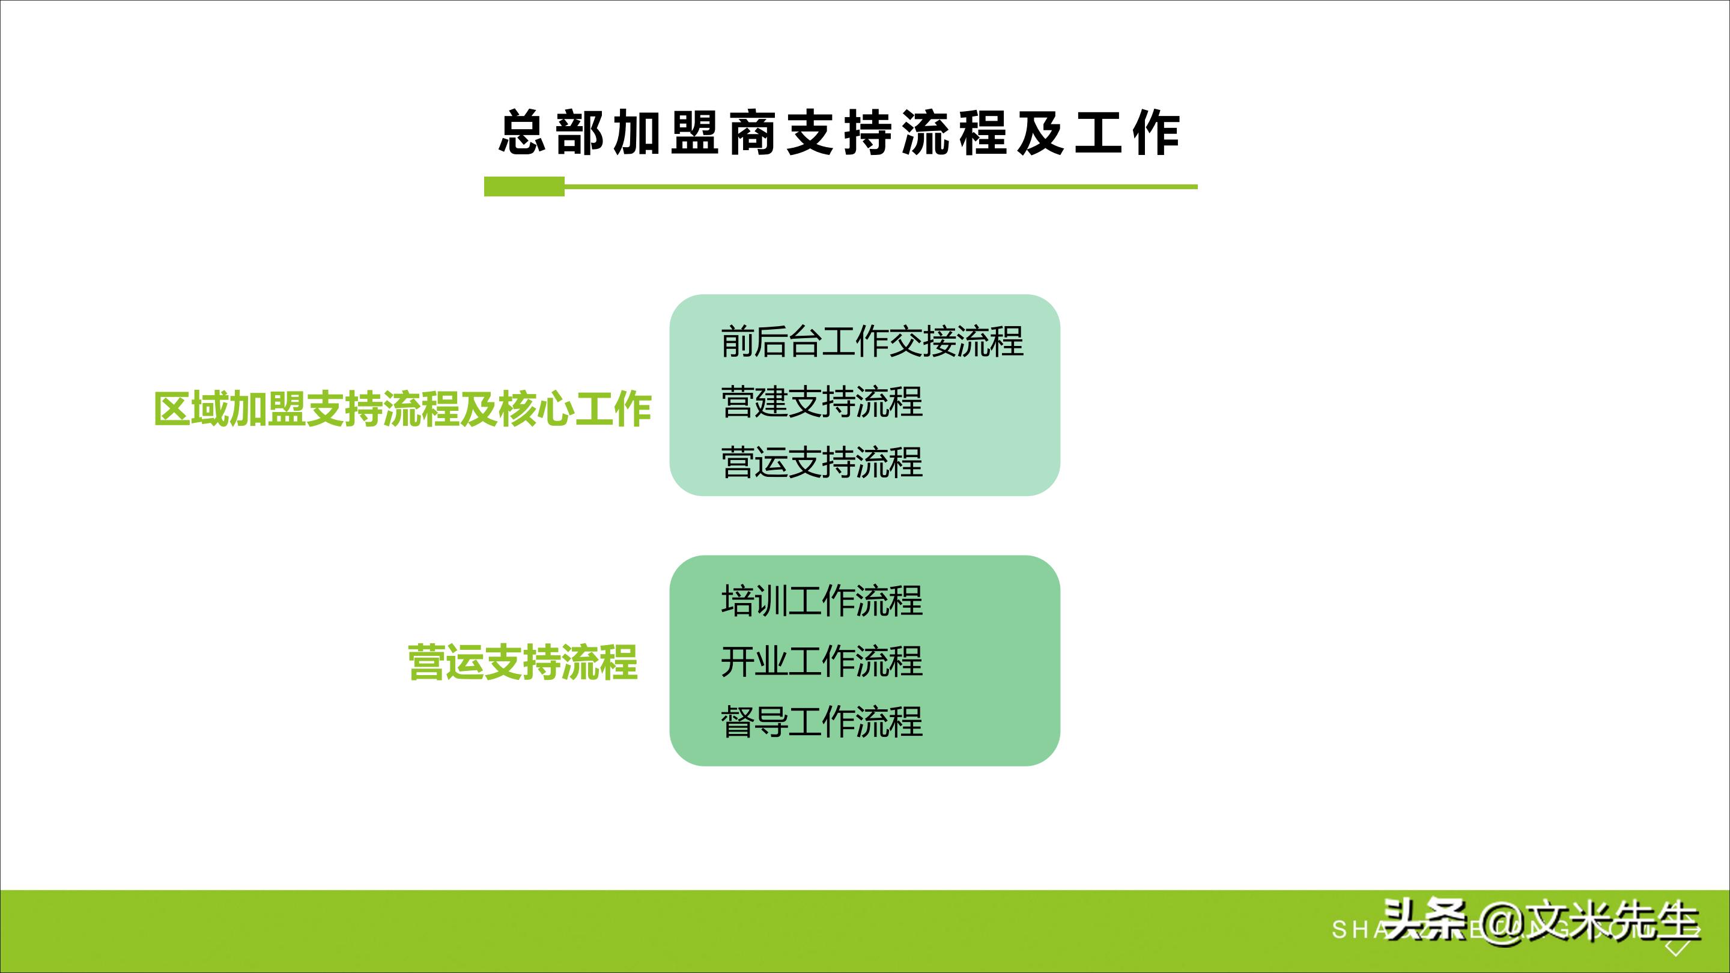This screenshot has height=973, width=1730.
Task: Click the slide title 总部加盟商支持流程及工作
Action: tap(840, 133)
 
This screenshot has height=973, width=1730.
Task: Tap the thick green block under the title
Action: tap(524, 187)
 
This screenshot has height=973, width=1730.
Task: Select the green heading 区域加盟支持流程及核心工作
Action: tap(403, 408)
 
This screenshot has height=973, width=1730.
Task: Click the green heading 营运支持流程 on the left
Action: tap(523, 662)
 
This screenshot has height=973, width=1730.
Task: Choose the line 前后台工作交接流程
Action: tap(872, 341)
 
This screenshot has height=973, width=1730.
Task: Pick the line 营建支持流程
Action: tap(822, 402)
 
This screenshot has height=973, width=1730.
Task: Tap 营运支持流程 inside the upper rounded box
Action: tap(822, 462)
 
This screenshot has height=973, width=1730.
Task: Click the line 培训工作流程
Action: tap(822, 601)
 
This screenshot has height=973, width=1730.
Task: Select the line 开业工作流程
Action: tap(822, 661)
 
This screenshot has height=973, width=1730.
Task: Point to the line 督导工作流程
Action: tap(822, 722)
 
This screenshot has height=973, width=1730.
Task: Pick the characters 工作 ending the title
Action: tap(1128, 133)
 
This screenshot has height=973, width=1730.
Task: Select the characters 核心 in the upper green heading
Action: tap(537, 408)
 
